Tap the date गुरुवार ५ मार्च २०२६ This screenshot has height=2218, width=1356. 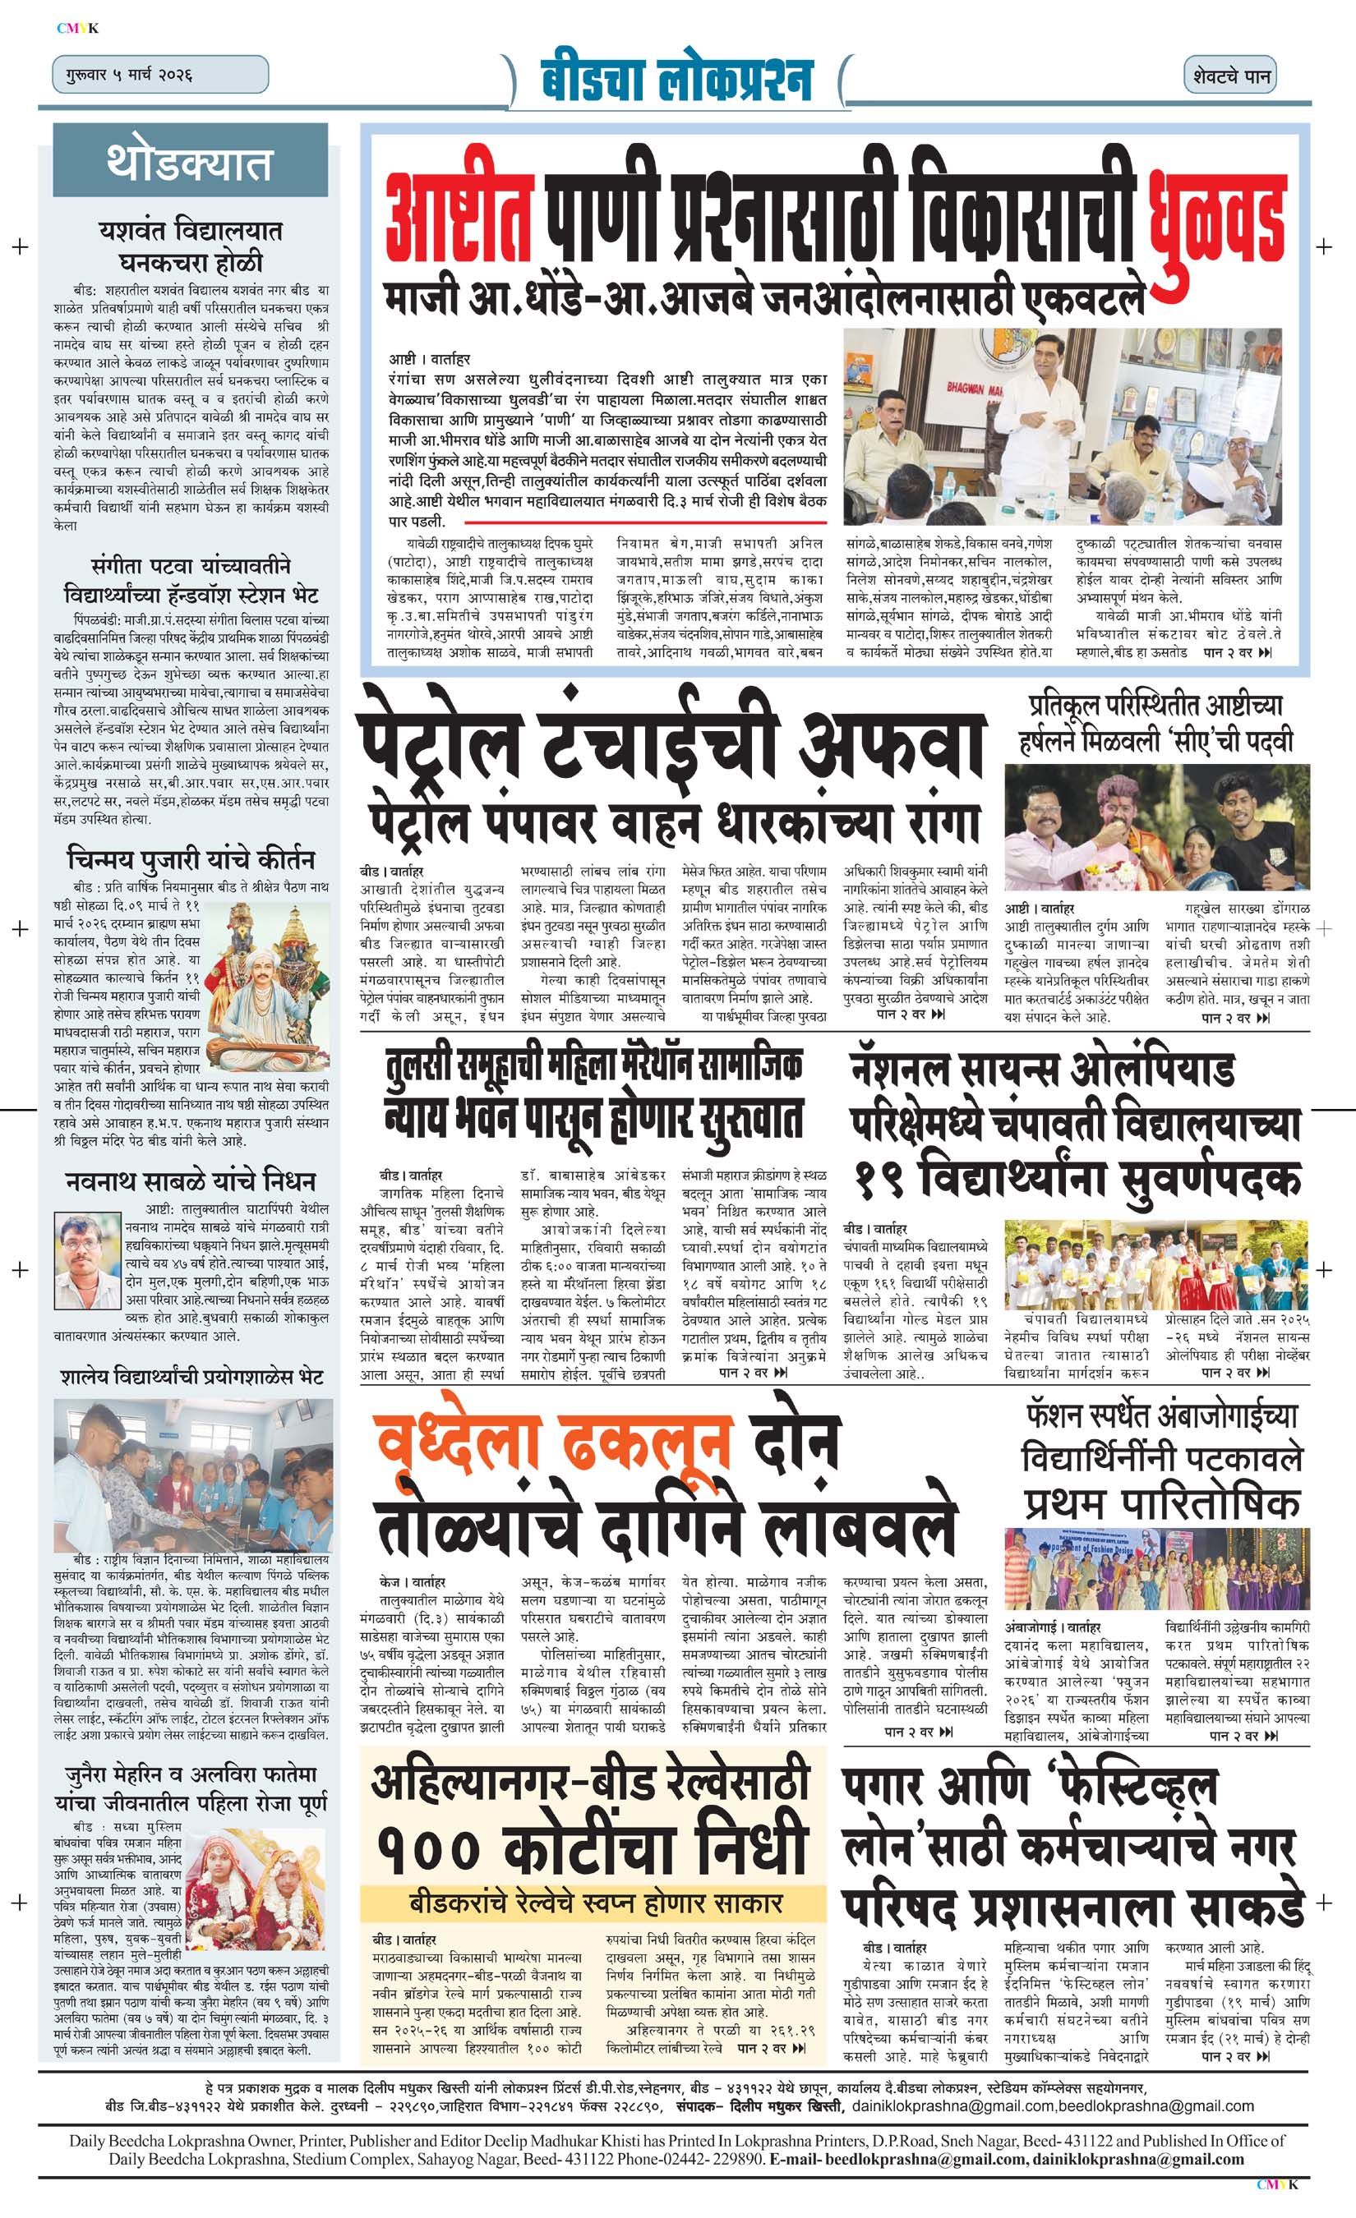[x=122, y=74]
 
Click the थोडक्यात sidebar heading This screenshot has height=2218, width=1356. [x=189, y=163]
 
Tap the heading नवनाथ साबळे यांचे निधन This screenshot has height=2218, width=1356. [x=190, y=1181]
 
